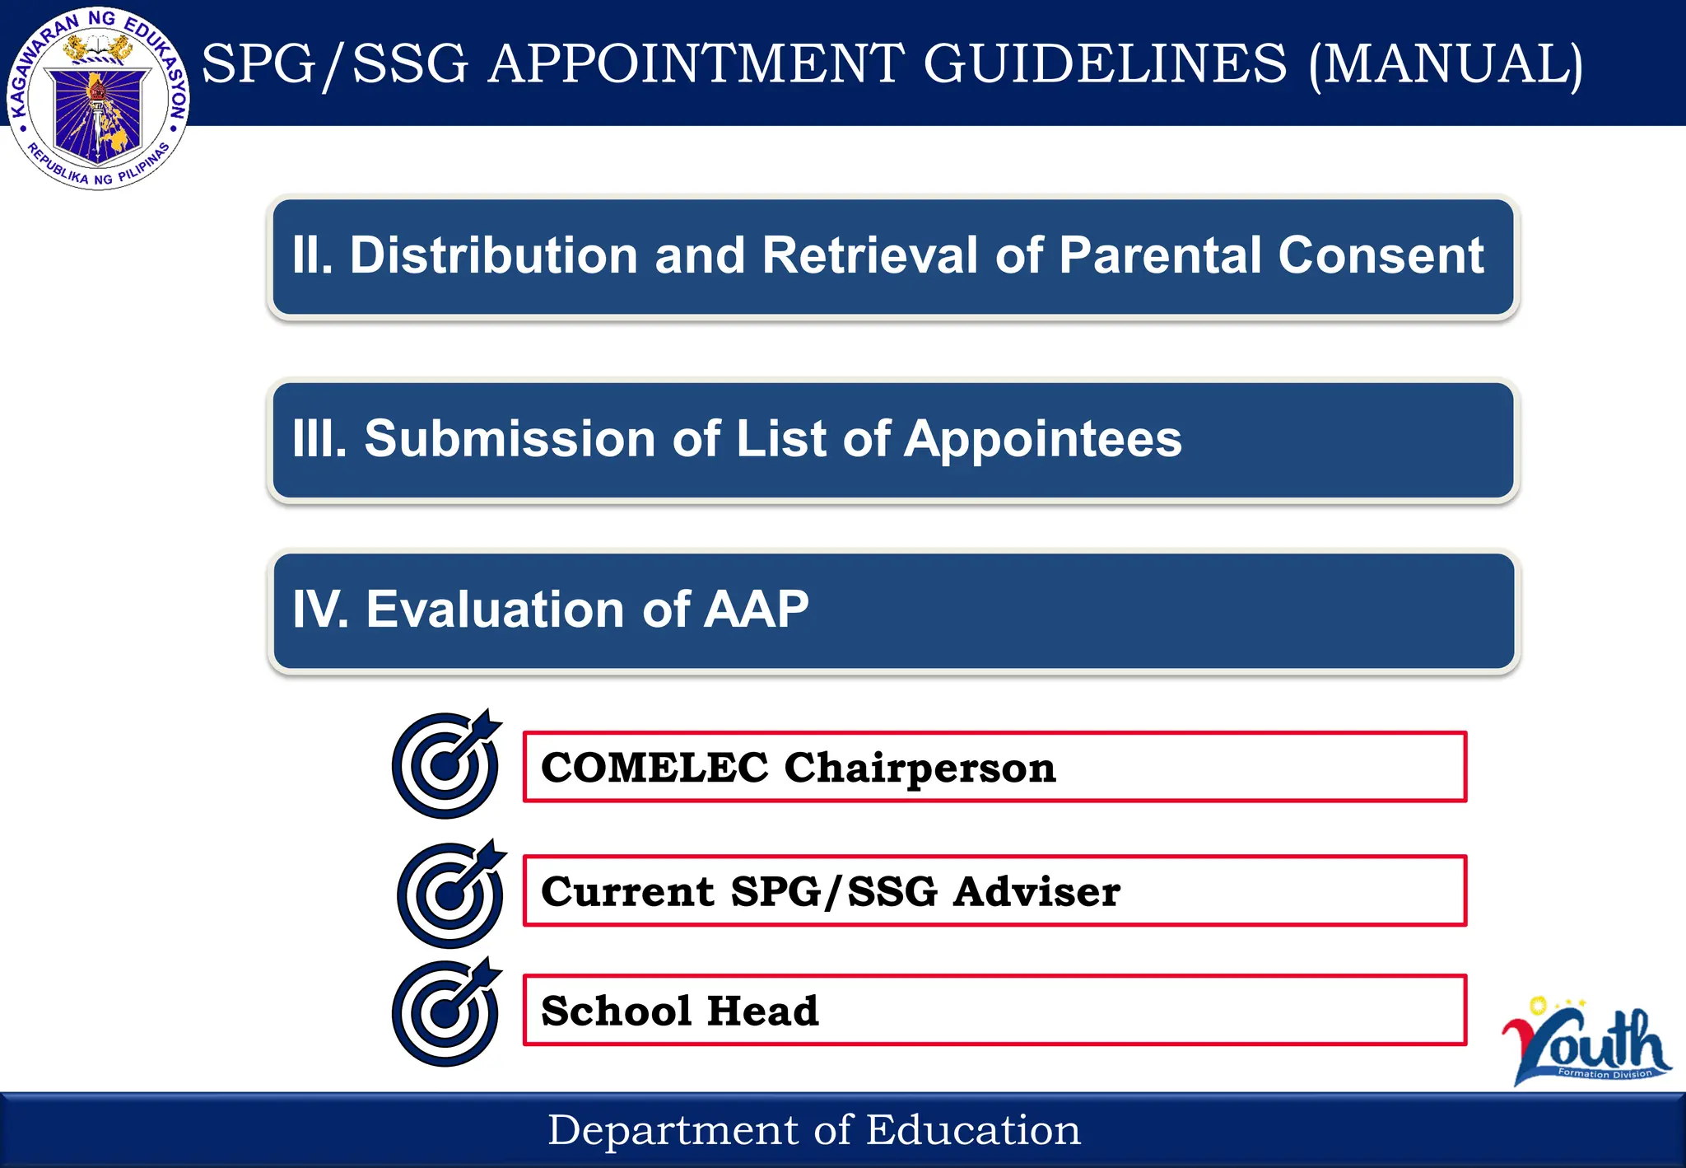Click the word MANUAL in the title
(1446, 64)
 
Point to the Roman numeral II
(311, 255)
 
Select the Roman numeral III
(319, 438)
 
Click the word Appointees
(1042, 438)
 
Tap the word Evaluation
(495, 610)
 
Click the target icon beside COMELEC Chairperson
(446, 764)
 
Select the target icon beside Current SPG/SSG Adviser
(451, 894)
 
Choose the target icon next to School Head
(446, 1012)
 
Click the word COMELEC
(654, 768)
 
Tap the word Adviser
(1036, 892)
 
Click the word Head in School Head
(762, 1011)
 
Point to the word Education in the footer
(973, 1130)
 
